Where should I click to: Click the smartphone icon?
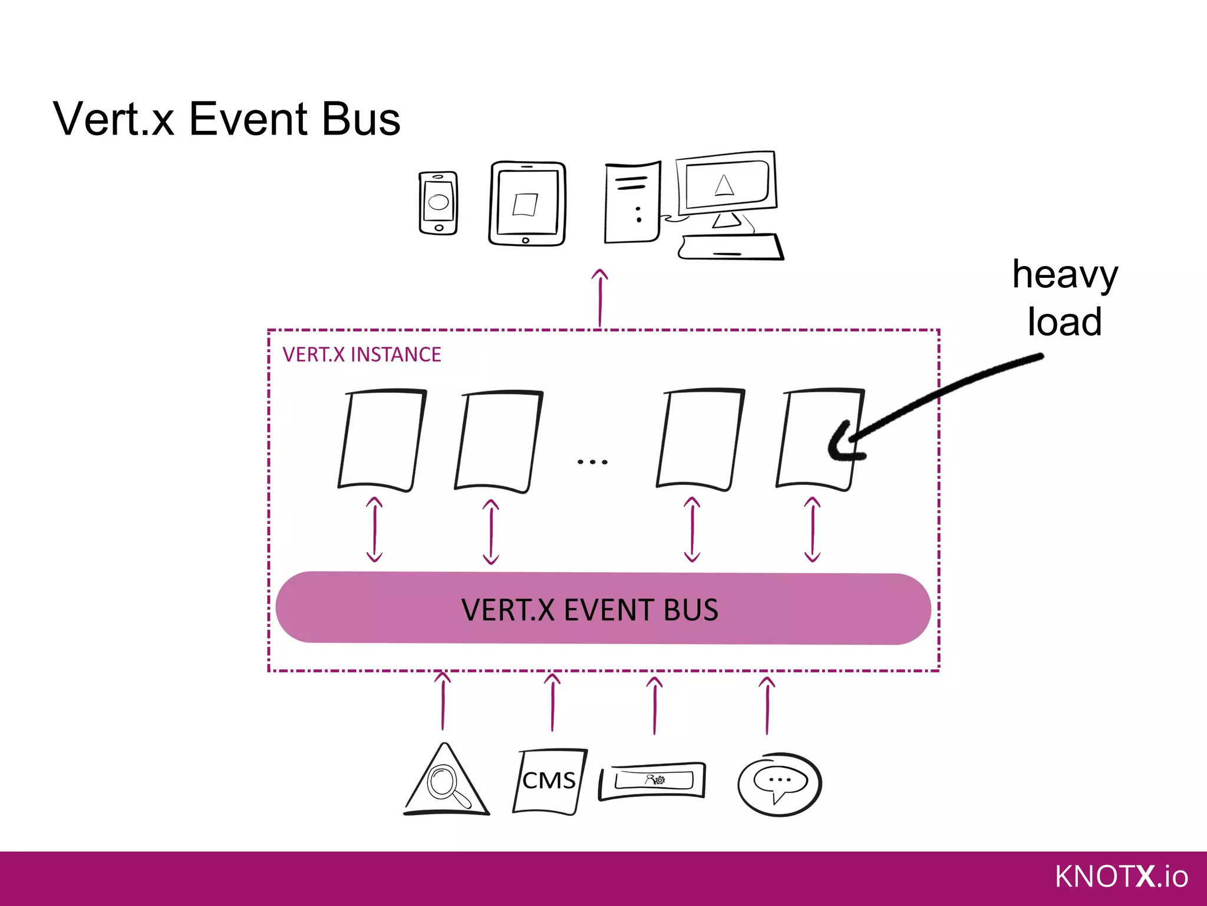[438, 203]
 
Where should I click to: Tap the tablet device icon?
[527, 203]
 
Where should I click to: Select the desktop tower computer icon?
[632, 202]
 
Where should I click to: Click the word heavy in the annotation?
[1064, 275]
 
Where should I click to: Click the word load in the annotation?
[1064, 322]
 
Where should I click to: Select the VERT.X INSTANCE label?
[361, 354]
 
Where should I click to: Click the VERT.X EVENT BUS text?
[589, 610]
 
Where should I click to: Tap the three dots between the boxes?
[592, 462]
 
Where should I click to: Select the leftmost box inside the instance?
[381, 439]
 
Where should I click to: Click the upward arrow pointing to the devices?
[600, 298]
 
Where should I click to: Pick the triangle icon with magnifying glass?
[446, 782]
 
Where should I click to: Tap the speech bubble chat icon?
[779, 783]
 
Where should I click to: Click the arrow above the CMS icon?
[552, 703]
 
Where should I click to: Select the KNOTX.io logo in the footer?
[1120, 877]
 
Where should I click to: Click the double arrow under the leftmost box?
[374, 529]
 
